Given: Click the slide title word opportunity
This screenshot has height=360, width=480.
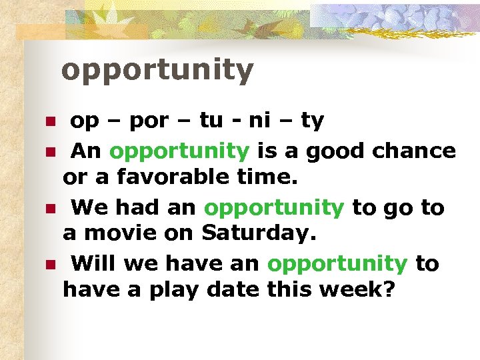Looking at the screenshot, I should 157,70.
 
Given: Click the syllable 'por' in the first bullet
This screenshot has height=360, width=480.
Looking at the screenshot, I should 150,121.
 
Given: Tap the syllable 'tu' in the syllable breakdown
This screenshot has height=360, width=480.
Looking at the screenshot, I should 211,121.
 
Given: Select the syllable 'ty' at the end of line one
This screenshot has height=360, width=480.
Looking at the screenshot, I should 312,121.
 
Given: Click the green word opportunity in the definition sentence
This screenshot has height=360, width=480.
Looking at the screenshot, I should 179,151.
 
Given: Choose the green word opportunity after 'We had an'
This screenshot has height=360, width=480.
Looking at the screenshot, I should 274,208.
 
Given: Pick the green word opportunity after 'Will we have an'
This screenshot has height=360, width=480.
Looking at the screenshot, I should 337,265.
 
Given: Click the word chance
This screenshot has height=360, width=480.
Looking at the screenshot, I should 414,151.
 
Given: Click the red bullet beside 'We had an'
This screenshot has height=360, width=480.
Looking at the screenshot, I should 49,209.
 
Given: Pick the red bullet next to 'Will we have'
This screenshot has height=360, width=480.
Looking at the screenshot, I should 49,265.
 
